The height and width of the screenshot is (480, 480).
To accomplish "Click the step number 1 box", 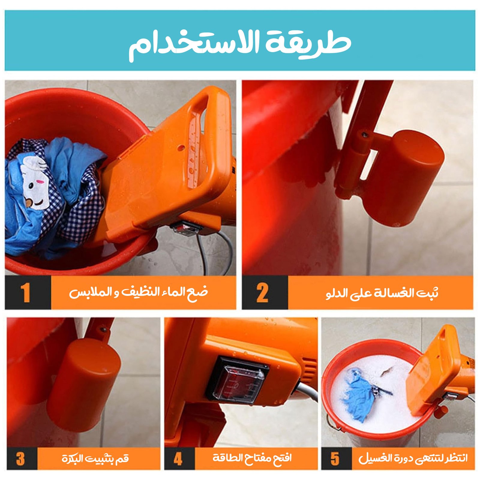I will coord(28,292).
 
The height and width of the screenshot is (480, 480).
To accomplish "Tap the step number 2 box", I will coord(265,292).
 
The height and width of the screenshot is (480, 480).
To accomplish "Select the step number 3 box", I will coord(22,458).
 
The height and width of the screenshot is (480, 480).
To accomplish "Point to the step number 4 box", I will coord(179,458).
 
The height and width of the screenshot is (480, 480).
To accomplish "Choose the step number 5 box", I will coord(336,458).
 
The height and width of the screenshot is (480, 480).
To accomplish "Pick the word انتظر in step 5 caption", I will coord(455,458).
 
